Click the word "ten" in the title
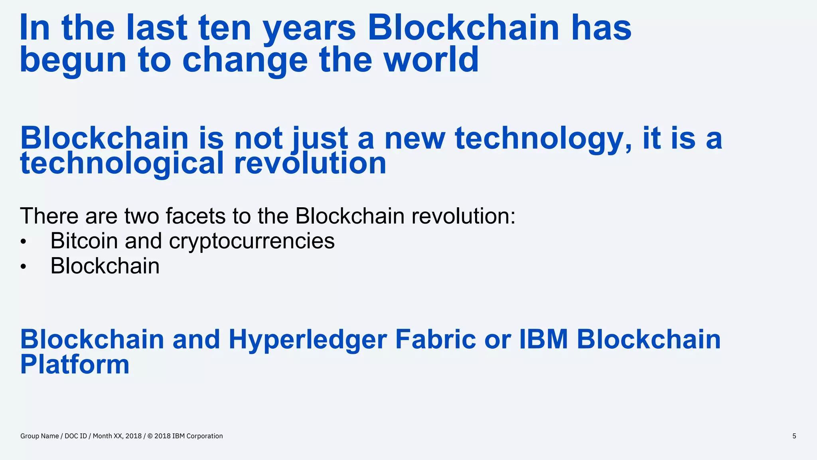tap(225, 28)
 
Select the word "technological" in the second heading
tap(122, 164)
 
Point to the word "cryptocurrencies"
tap(252, 242)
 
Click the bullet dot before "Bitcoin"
tap(24, 242)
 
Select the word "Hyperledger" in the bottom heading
tap(307, 340)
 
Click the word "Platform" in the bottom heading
tap(75, 364)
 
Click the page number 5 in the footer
tap(794, 436)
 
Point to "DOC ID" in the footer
tap(76, 436)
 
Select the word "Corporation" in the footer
tap(204, 436)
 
